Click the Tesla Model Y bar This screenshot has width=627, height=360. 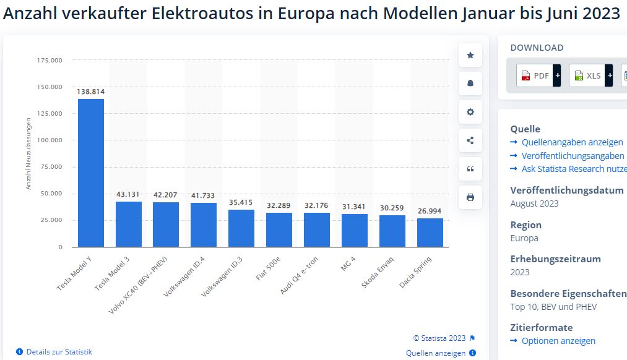(91, 173)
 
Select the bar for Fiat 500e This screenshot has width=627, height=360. (279, 229)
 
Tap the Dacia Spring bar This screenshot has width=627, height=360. (430, 233)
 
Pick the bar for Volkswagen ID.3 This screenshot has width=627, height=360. (241, 228)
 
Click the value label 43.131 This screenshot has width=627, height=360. (129, 194)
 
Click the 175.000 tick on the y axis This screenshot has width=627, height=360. (50, 60)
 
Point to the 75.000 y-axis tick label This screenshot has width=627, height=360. (51, 166)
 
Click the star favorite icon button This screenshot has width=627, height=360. (470, 55)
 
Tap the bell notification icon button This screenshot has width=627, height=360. (470, 84)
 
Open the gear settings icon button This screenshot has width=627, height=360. (470, 112)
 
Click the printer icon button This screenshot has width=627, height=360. (470, 197)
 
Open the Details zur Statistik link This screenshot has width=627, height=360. (59, 351)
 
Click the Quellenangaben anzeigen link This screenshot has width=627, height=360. (572, 142)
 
